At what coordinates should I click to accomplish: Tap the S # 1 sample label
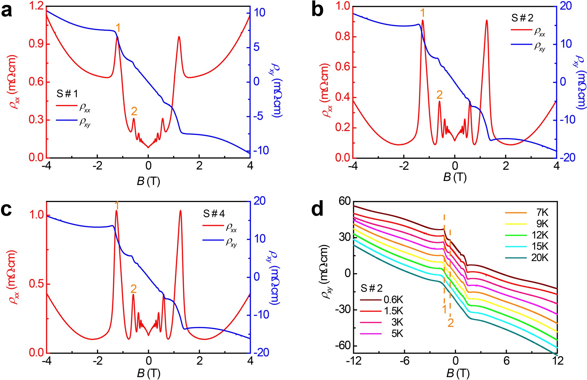(x=67, y=94)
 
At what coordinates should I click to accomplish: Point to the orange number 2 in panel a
(x=134, y=111)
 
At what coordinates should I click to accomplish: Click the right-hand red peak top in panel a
(x=179, y=37)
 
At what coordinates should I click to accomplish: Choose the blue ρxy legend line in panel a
(x=66, y=120)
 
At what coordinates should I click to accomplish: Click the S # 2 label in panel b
(x=522, y=18)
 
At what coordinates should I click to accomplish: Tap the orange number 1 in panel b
(x=422, y=13)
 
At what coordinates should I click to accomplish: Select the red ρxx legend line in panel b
(x=521, y=30)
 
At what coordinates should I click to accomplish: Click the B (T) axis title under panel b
(x=455, y=177)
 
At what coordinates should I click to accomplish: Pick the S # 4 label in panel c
(x=214, y=214)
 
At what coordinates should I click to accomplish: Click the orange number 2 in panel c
(x=134, y=289)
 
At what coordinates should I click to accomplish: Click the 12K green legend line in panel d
(x=516, y=235)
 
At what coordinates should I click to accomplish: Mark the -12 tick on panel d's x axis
(x=354, y=360)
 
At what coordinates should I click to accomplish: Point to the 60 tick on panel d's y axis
(x=345, y=201)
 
